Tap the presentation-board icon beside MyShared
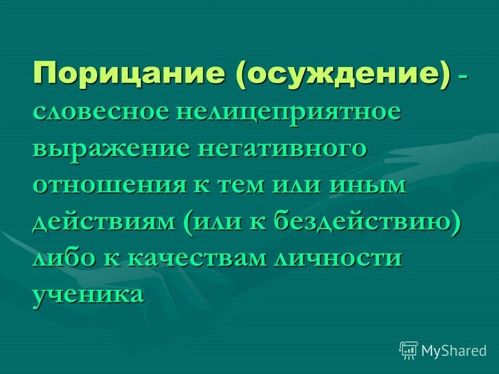[x=408, y=351]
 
